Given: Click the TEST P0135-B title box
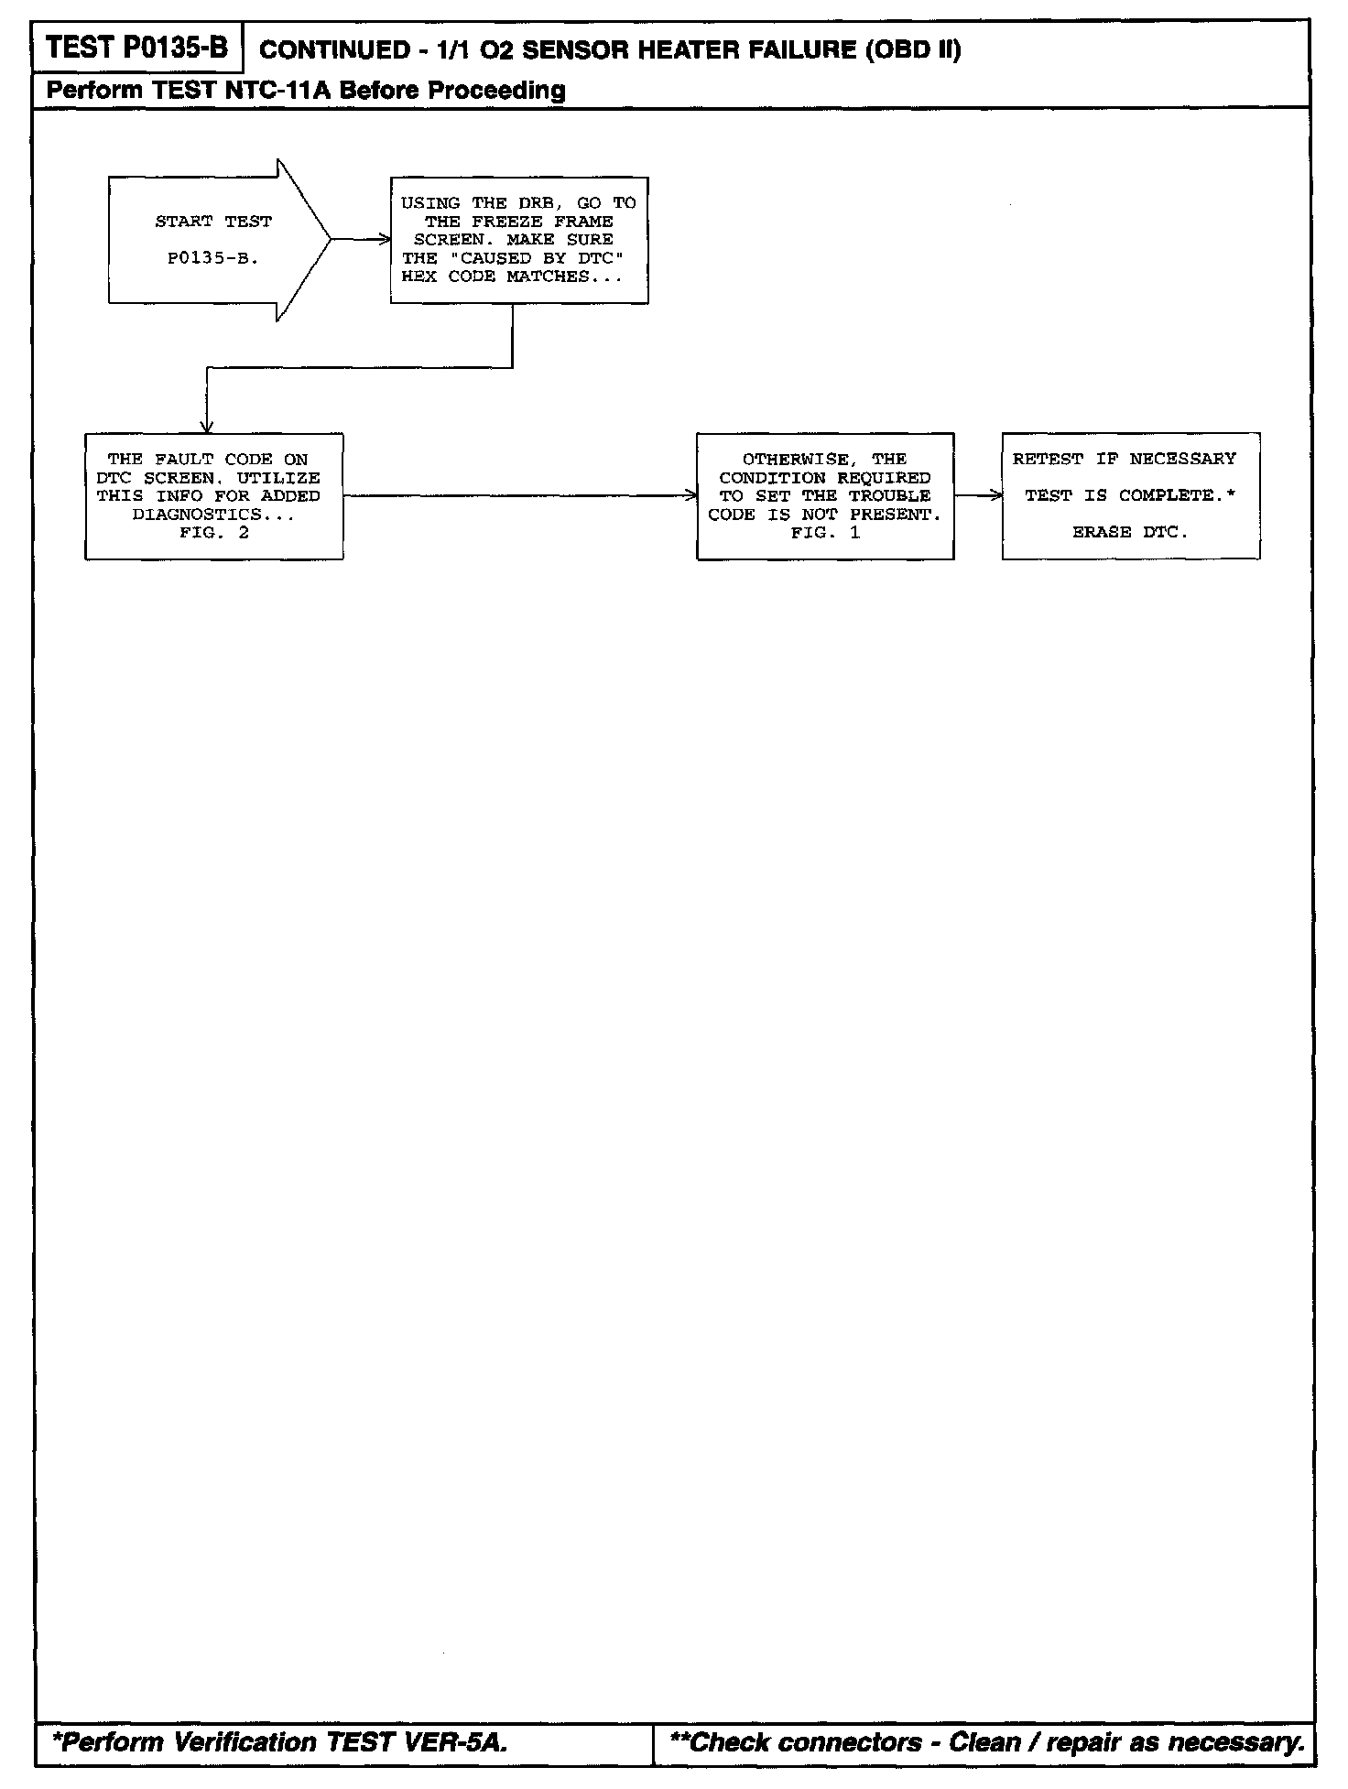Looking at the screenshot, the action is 137,48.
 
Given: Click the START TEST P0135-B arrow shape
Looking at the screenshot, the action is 215,240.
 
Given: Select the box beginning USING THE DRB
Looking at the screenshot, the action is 519,240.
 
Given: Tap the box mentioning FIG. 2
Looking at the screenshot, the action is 214,495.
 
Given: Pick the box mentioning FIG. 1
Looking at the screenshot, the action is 824,495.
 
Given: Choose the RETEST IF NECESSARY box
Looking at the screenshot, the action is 1130,495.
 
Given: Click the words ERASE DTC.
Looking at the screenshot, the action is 1130,532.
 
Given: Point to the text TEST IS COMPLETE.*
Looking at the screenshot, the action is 1130,495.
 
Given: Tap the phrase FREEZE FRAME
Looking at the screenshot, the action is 542,222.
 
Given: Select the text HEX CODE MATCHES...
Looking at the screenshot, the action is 511,276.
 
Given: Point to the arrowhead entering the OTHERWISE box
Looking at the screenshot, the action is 691,495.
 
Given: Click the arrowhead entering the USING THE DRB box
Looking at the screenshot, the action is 385,240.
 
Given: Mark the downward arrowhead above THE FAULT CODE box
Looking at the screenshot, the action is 208,427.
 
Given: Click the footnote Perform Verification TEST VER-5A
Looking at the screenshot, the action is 279,1741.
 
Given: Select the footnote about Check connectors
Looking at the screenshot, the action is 987,1741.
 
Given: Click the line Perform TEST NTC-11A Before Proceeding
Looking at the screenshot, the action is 306,90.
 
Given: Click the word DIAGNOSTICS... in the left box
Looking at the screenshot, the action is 213,515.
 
